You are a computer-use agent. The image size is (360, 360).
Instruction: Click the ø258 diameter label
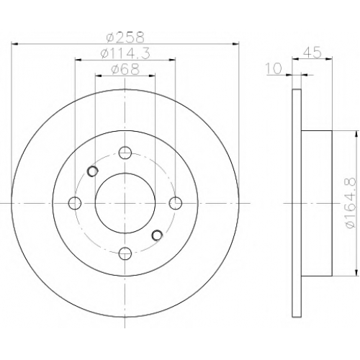pyautogui.click(x=125, y=37)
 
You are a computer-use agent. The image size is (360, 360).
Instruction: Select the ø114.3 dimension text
pyautogui.click(x=125, y=53)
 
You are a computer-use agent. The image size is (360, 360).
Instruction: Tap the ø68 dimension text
pyautogui.click(x=125, y=69)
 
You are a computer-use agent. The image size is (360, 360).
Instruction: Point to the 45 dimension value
pyautogui.click(x=312, y=53)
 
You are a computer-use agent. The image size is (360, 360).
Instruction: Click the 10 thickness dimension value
pyautogui.click(x=274, y=68)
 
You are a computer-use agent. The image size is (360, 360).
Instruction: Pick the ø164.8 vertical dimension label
pyautogui.click(x=350, y=203)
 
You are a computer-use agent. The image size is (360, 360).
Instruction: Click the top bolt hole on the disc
pyautogui.click(x=125, y=153)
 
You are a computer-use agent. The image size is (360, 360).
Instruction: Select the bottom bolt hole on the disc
pyautogui.click(x=125, y=253)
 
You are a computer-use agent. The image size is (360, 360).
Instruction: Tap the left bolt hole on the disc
pyautogui.click(x=75, y=203)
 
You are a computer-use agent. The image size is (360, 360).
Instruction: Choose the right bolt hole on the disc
pyautogui.click(x=176, y=203)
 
